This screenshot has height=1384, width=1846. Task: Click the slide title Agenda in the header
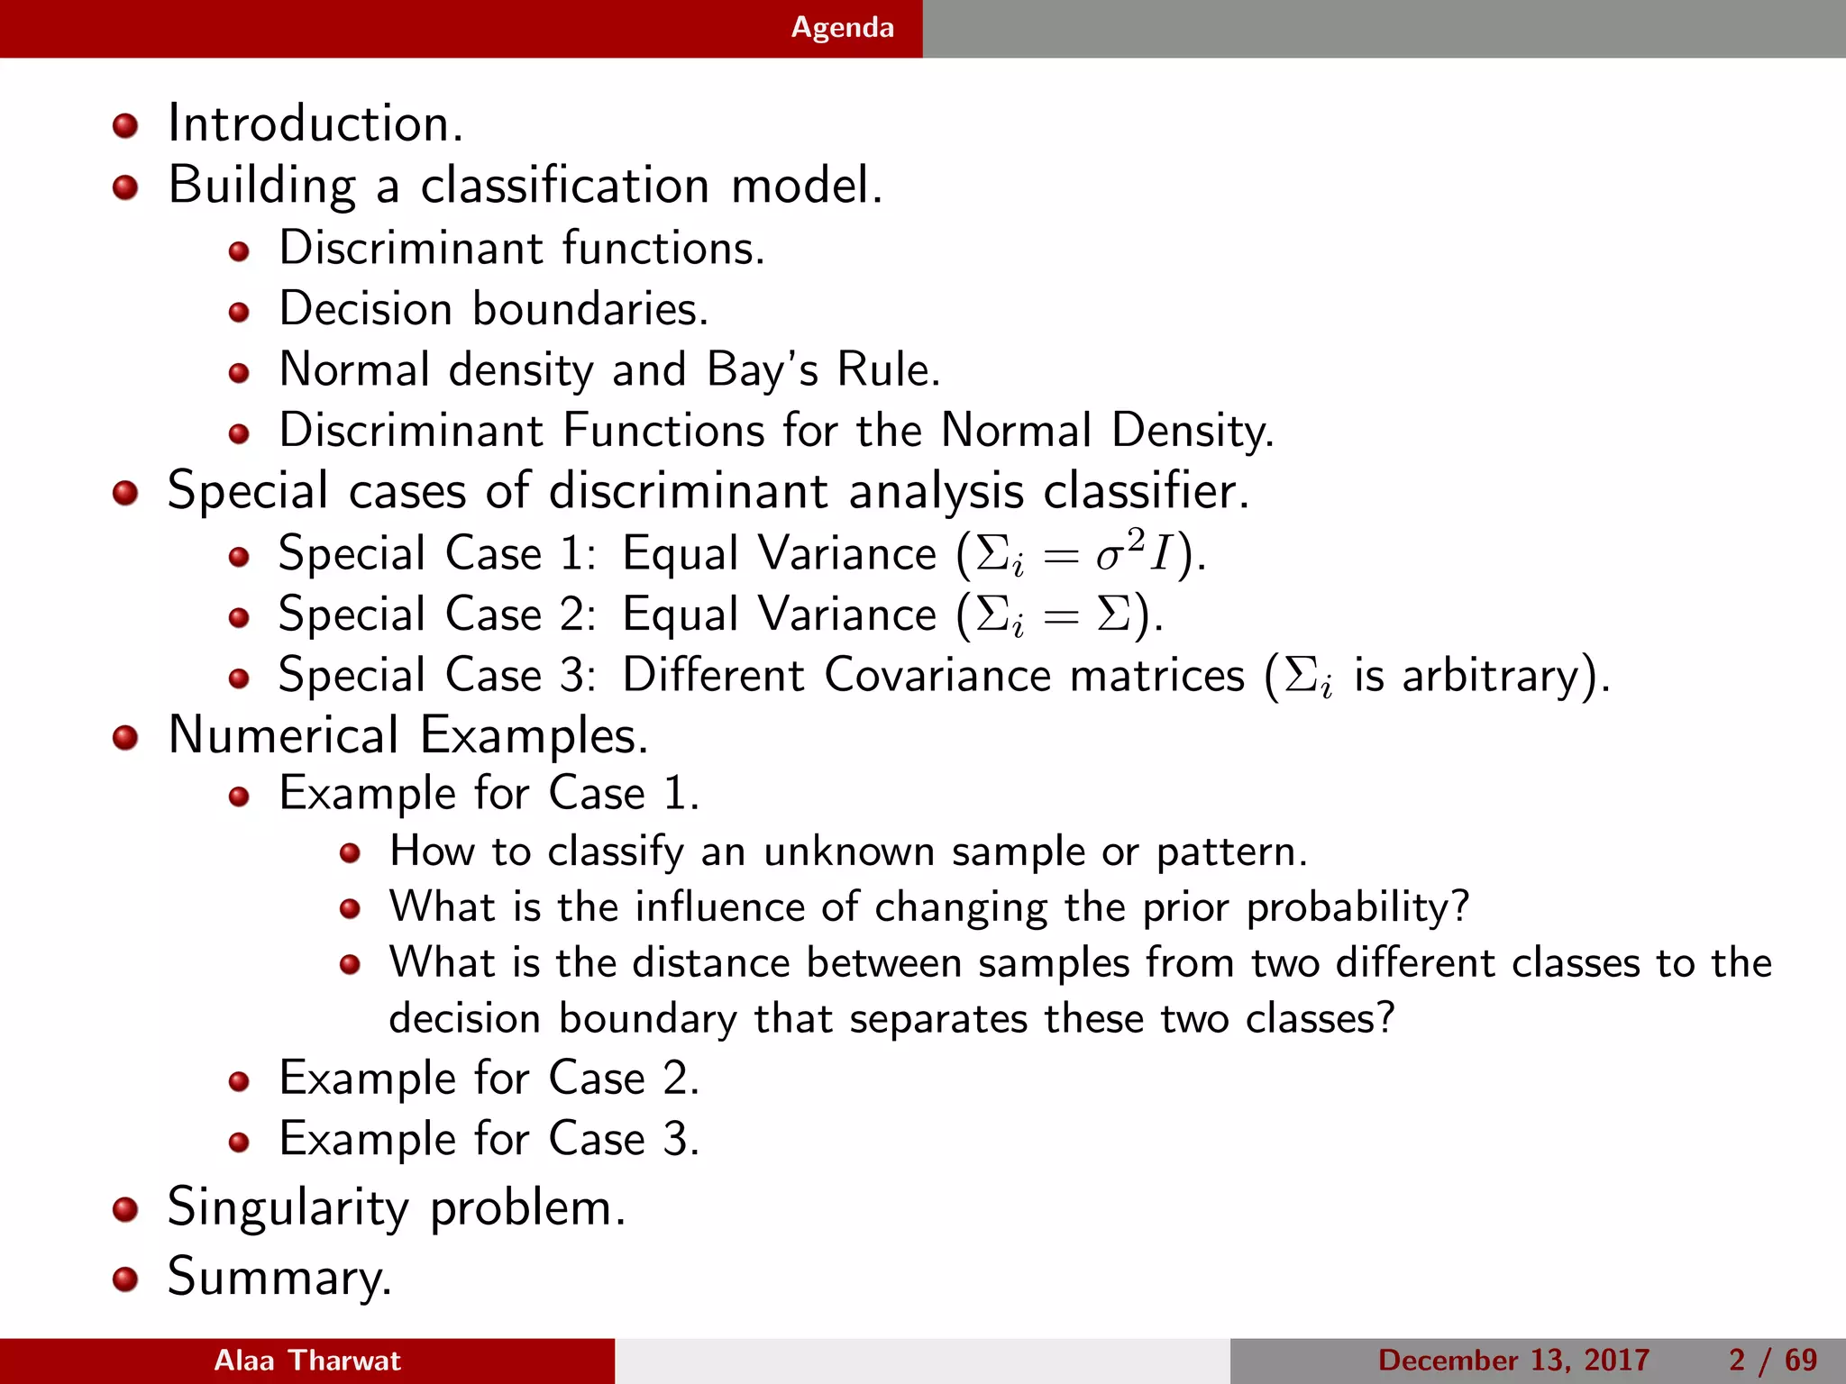[842, 28]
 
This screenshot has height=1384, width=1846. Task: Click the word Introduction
[315, 123]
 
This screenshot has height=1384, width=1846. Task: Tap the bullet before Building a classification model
[125, 187]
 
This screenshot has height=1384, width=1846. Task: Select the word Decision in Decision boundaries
[365, 309]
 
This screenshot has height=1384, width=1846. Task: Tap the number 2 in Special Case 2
[573, 615]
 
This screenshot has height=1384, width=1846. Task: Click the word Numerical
[283, 735]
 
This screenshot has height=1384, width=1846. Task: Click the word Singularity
[288, 1208]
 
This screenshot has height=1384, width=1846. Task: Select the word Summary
[279, 1278]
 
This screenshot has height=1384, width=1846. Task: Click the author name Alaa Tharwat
[307, 1361]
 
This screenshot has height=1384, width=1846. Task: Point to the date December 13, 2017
[1513, 1361]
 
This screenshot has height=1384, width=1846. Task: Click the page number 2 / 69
[1773, 1361]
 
